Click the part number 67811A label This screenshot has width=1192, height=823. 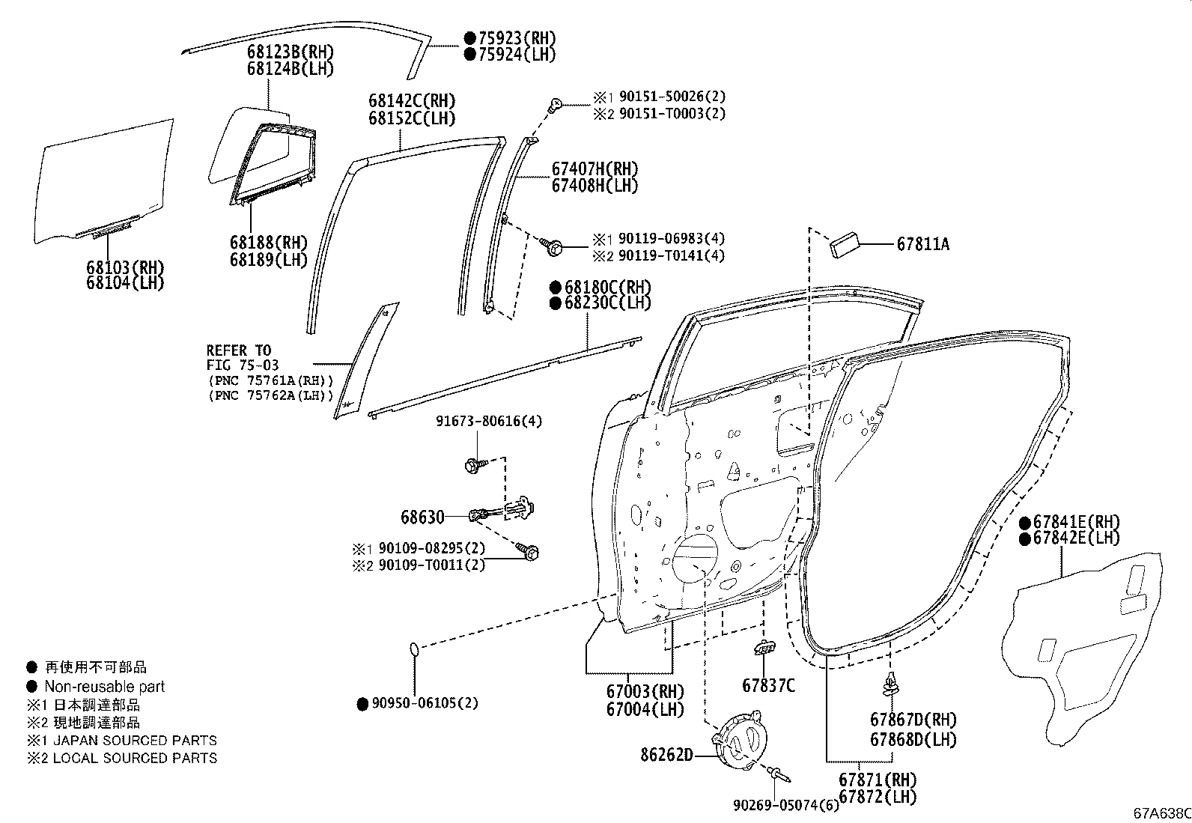[x=923, y=244]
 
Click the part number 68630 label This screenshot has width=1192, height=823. [x=422, y=517]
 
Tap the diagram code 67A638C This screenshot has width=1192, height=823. [x=1161, y=813]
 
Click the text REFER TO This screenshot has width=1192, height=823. [x=239, y=350]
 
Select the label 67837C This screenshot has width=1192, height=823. [x=768, y=685]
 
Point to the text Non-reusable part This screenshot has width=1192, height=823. [x=104, y=687]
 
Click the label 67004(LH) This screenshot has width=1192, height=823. [x=645, y=708]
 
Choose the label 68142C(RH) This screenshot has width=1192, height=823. [x=411, y=101]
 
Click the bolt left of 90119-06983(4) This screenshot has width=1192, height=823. [x=555, y=246]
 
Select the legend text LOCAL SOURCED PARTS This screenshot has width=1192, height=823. [x=135, y=758]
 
